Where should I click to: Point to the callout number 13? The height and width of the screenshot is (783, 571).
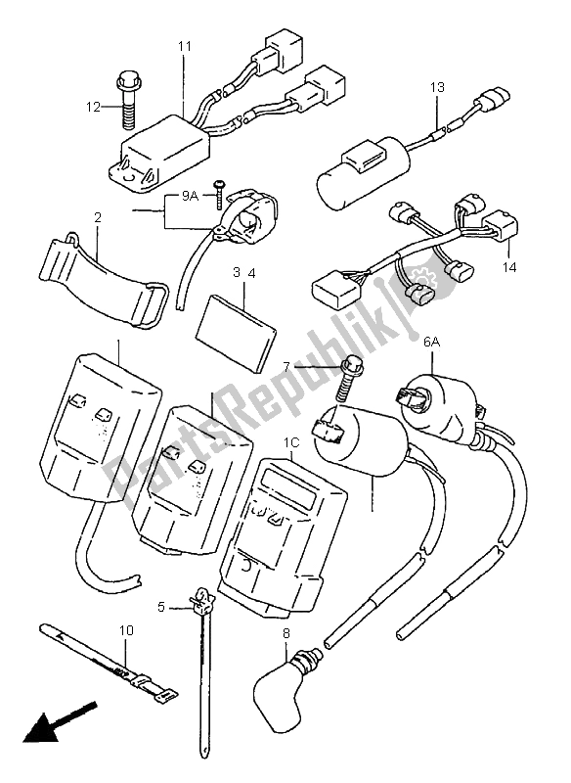[x=436, y=87]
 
